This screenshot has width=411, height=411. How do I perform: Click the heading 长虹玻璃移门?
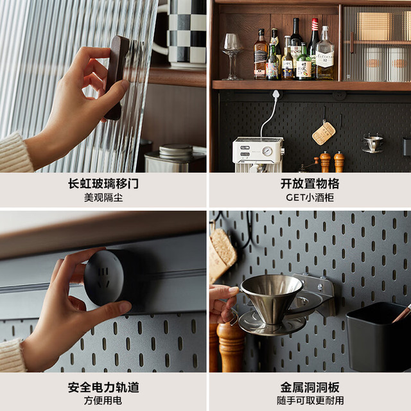103,184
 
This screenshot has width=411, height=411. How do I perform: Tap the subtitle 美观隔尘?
103,197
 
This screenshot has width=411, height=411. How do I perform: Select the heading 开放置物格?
310,184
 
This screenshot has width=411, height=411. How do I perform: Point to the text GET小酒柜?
310,197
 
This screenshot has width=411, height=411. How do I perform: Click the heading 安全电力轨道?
103,387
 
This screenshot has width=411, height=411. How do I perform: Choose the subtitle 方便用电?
103,401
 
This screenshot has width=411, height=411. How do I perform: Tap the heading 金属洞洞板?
310,387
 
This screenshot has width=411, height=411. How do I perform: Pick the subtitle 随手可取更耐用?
310,401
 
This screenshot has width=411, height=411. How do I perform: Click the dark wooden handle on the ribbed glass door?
117,77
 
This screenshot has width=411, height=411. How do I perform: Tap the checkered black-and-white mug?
184,33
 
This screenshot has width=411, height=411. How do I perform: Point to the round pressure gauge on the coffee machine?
267,151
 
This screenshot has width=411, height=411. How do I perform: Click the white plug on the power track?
275,94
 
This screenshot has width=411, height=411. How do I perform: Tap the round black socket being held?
105,278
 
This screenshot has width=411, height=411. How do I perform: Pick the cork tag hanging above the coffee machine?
324,133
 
